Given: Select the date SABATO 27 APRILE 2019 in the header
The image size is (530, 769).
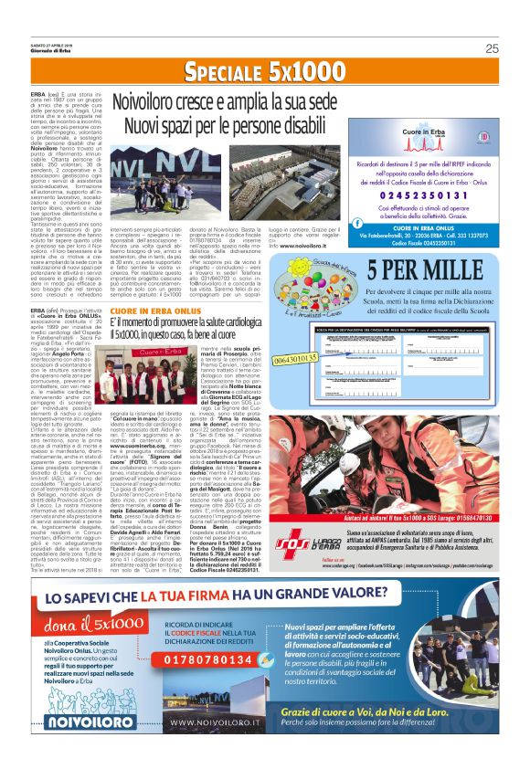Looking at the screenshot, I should (x=58, y=45).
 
